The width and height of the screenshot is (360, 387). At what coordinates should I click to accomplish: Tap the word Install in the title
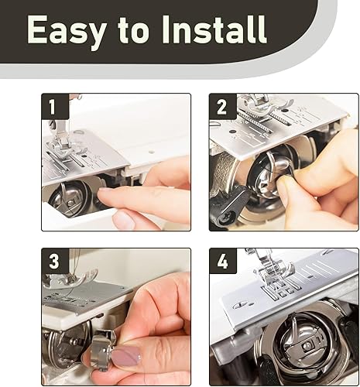tap(214, 29)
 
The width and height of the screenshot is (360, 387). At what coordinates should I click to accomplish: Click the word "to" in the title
tap(134, 30)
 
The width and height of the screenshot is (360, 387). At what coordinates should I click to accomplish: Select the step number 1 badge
tap(55, 106)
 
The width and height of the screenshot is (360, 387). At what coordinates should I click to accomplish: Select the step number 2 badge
tap(222, 106)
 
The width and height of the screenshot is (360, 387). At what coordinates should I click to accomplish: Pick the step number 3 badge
tap(55, 261)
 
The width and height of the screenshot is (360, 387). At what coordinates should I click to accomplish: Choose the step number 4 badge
tap(222, 261)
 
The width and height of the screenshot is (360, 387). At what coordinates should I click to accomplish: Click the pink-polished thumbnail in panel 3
tap(125, 356)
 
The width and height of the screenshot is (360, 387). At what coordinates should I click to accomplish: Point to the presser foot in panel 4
tap(273, 271)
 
